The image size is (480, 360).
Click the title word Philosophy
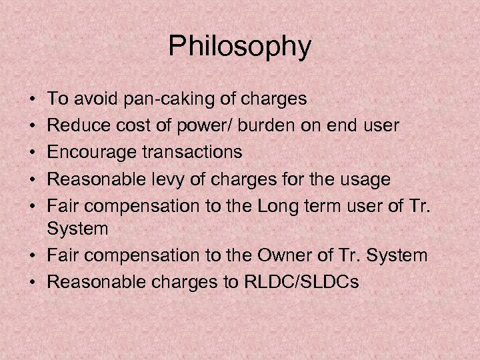point(239,47)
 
